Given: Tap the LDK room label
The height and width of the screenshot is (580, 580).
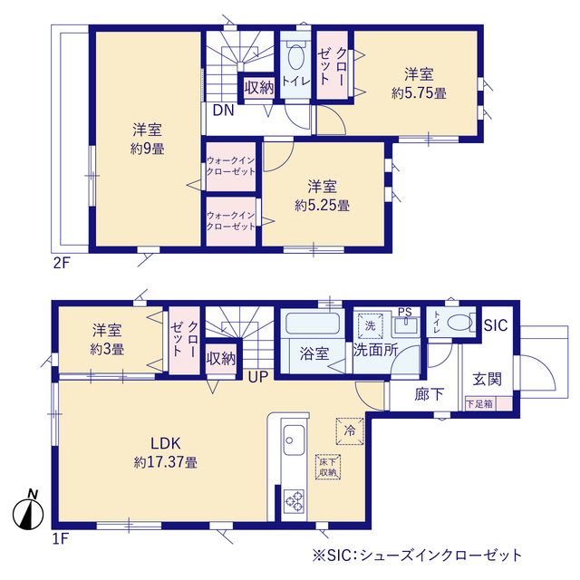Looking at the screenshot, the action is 165,443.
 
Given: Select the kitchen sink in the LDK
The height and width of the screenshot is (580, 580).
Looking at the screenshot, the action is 294,440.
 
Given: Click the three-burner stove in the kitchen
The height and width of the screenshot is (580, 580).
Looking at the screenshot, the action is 294,501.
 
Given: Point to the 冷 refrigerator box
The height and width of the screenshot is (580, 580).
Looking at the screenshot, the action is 350,431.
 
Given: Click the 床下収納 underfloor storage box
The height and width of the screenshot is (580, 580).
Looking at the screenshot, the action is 328,467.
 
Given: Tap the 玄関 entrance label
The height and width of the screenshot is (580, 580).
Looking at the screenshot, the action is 487,379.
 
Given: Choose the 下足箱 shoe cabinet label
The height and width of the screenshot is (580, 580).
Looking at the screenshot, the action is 479,403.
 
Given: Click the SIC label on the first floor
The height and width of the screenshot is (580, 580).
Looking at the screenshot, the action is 496,325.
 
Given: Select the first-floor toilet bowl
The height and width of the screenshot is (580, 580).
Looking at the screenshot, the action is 459,323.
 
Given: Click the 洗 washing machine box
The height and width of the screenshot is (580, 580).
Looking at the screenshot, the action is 371,326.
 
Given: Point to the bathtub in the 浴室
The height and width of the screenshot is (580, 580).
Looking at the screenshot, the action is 313,324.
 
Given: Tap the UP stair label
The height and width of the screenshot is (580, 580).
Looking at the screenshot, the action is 257,377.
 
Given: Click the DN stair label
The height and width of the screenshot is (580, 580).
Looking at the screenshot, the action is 224,111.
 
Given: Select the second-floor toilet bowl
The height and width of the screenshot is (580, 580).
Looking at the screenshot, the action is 295,56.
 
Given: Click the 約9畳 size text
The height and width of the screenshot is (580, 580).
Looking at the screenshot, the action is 147,149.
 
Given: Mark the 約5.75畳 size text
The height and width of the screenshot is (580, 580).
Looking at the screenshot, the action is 419,93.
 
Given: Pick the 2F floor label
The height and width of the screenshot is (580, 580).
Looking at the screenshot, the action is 62,263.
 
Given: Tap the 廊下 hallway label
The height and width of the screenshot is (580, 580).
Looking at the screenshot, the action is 429,394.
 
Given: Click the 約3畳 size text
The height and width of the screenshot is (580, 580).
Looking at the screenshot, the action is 107,350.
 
